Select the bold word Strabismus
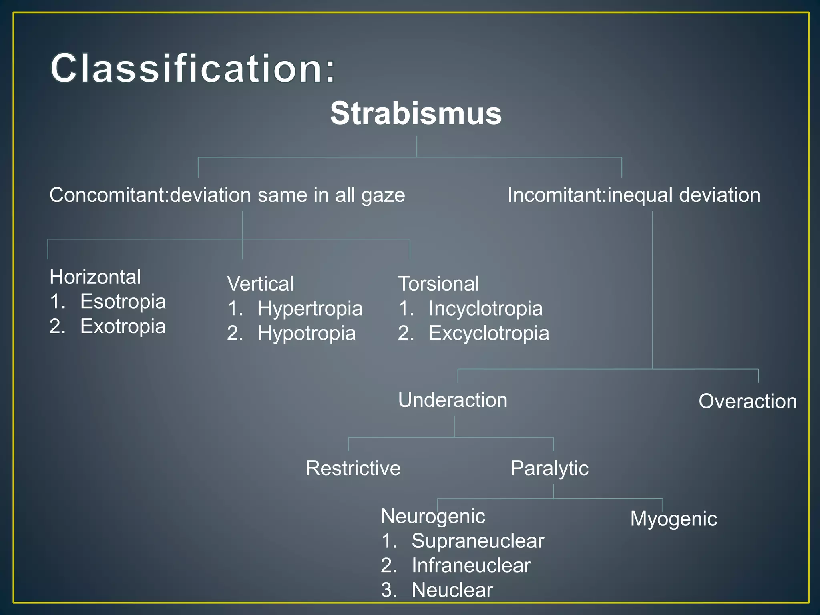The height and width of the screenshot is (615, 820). pyautogui.click(x=416, y=113)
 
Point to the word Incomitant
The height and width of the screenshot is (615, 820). pyautogui.click(x=557, y=195)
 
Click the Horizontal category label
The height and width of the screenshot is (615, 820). pyautogui.click(x=95, y=277)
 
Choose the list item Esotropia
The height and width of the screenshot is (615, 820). pyautogui.click(x=123, y=301)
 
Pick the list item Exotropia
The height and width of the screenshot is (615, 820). pyautogui.click(x=123, y=326)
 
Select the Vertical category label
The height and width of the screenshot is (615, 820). pyautogui.click(x=260, y=284)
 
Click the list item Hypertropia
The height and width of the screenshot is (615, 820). pyautogui.click(x=310, y=309)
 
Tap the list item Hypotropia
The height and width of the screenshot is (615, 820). pyautogui.click(x=307, y=333)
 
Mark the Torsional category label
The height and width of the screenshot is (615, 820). pyautogui.click(x=438, y=284)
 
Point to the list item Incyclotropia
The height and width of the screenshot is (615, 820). pyautogui.click(x=485, y=309)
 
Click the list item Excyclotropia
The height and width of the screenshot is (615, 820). pyautogui.click(x=489, y=333)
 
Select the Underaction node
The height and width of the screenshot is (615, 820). pyautogui.click(x=453, y=400)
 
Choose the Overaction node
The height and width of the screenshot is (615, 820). pyautogui.click(x=748, y=401)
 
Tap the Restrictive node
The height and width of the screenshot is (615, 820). pyautogui.click(x=353, y=468)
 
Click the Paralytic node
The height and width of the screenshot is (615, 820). pyautogui.click(x=549, y=468)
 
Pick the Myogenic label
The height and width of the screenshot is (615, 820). pyautogui.click(x=673, y=519)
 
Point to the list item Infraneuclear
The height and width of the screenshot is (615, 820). pyautogui.click(x=471, y=565)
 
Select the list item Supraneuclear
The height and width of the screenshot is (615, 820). pyautogui.click(x=478, y=541)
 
